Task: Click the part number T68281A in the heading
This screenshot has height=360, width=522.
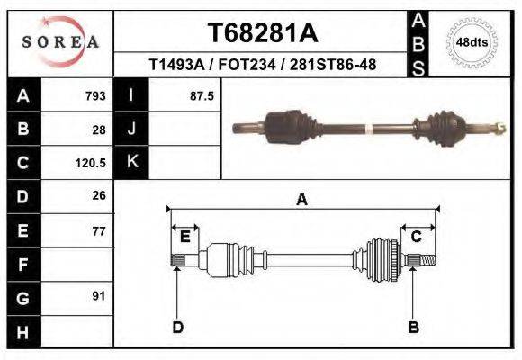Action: [262, 32]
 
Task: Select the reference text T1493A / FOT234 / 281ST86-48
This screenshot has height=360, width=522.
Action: [262, 65]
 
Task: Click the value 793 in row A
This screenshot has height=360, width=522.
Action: [94, 95]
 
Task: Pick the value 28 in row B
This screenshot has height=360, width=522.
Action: [99, 130]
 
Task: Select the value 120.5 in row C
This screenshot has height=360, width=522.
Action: [92, 164]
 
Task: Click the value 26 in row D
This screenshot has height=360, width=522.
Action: [99, 195]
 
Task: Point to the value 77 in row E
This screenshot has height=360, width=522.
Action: [99, 231]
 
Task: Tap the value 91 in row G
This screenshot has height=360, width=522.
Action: [99, 296]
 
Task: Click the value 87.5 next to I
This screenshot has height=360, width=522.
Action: [202, 95]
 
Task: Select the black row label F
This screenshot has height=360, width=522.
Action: [22, 265]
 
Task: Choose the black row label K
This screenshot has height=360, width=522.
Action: [131, 162]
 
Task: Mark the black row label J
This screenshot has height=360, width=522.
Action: [131, 129]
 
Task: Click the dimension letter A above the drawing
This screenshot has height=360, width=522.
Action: [302, 200]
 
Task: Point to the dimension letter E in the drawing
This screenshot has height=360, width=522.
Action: [184, 237]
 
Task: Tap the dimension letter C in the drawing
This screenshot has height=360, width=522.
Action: [417, 237]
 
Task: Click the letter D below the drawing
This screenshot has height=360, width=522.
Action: [177, 327]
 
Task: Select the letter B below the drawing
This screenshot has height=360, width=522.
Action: [414, 327]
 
